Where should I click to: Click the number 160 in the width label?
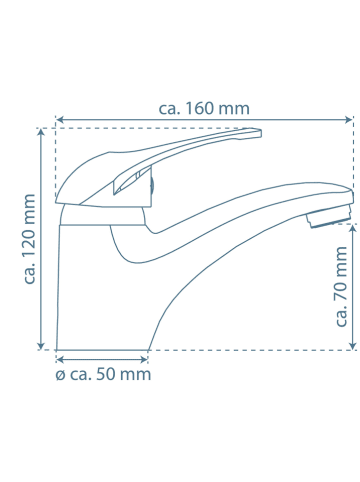point(199,109)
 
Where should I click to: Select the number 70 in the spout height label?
point(341,289)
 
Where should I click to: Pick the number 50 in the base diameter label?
point(106,374)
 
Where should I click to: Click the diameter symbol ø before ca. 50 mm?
point(60,375)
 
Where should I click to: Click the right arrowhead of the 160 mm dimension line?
point(349,119)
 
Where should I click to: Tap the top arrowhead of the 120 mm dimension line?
point(41,133)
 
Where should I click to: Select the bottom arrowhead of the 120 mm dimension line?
point(41,345)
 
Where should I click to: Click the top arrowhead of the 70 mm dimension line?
point(353,229)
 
